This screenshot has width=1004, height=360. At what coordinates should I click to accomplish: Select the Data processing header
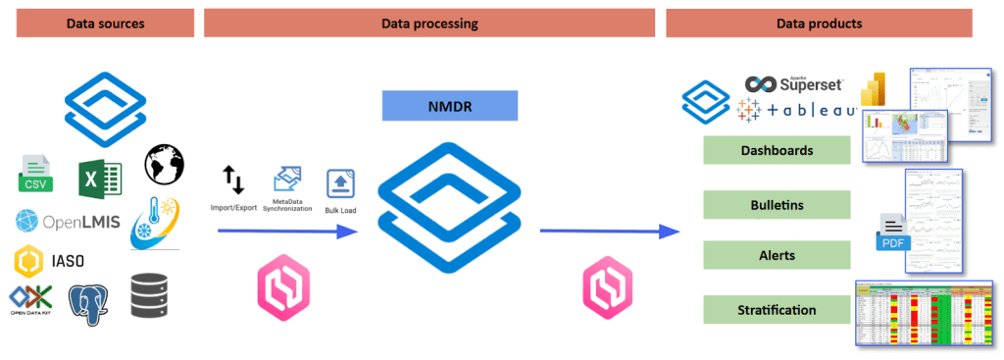(428, 23)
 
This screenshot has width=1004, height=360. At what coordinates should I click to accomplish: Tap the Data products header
(819, 23)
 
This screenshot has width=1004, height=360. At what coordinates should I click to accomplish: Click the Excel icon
(100, 176)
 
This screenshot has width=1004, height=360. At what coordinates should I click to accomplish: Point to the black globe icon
(165, 164)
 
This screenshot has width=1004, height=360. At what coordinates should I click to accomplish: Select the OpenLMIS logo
(68, 221)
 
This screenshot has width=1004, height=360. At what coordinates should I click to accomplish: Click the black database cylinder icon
(149, 294)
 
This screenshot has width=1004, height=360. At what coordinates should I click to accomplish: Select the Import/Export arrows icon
(233, 180)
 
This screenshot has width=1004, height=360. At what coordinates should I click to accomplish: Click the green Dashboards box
(777, 151)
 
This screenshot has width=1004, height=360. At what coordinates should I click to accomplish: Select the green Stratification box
(777, 310)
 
